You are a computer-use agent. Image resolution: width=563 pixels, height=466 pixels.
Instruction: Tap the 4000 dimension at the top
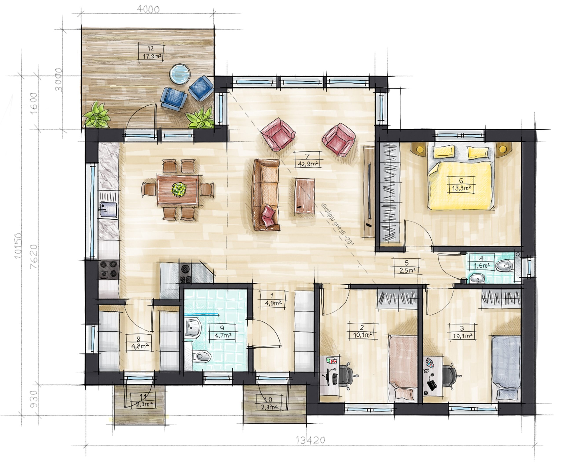coord(148,10)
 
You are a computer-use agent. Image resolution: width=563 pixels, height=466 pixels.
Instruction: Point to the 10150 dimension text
coord(18,245)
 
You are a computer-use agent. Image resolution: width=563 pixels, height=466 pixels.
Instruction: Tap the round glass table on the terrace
coord(181,74)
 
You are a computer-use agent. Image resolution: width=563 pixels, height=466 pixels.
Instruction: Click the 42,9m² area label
coord(308,164)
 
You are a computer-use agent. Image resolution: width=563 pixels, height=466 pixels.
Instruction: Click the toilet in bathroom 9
coord(201,356)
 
